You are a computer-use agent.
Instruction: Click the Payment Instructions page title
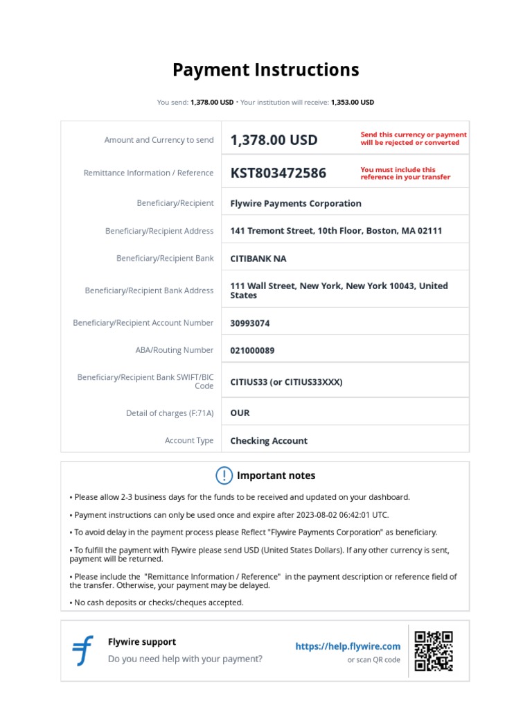click(265, 70)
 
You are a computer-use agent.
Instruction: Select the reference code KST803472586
click(278, 173)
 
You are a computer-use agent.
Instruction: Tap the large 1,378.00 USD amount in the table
click(274, 140)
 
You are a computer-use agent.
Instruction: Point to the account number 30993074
click(250, 323)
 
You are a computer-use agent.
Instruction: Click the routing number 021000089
click(252, 351)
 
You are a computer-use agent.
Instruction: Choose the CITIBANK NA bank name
click(258, 259)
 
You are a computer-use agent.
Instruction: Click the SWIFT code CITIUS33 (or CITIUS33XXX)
click(286, 382)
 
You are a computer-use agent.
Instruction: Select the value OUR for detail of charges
click(240, 413)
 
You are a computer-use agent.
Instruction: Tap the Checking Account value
click(269, 441)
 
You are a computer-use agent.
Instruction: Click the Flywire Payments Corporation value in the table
click(296, 204)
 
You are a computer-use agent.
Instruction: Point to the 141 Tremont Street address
click(336, 231)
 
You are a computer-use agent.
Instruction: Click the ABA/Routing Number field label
click(175, 351)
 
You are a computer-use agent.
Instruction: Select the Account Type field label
click(189, 441)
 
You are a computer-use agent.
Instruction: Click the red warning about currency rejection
click(414, 139)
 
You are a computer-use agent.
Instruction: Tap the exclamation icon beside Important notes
click(224, 476)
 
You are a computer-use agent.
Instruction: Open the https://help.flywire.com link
click(348, 646)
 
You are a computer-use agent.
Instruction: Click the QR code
click(434, 651)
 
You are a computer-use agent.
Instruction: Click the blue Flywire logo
click(83, 650)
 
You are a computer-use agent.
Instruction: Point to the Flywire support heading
click(142, 642)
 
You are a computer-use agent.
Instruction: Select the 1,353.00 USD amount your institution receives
click(352, 102)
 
